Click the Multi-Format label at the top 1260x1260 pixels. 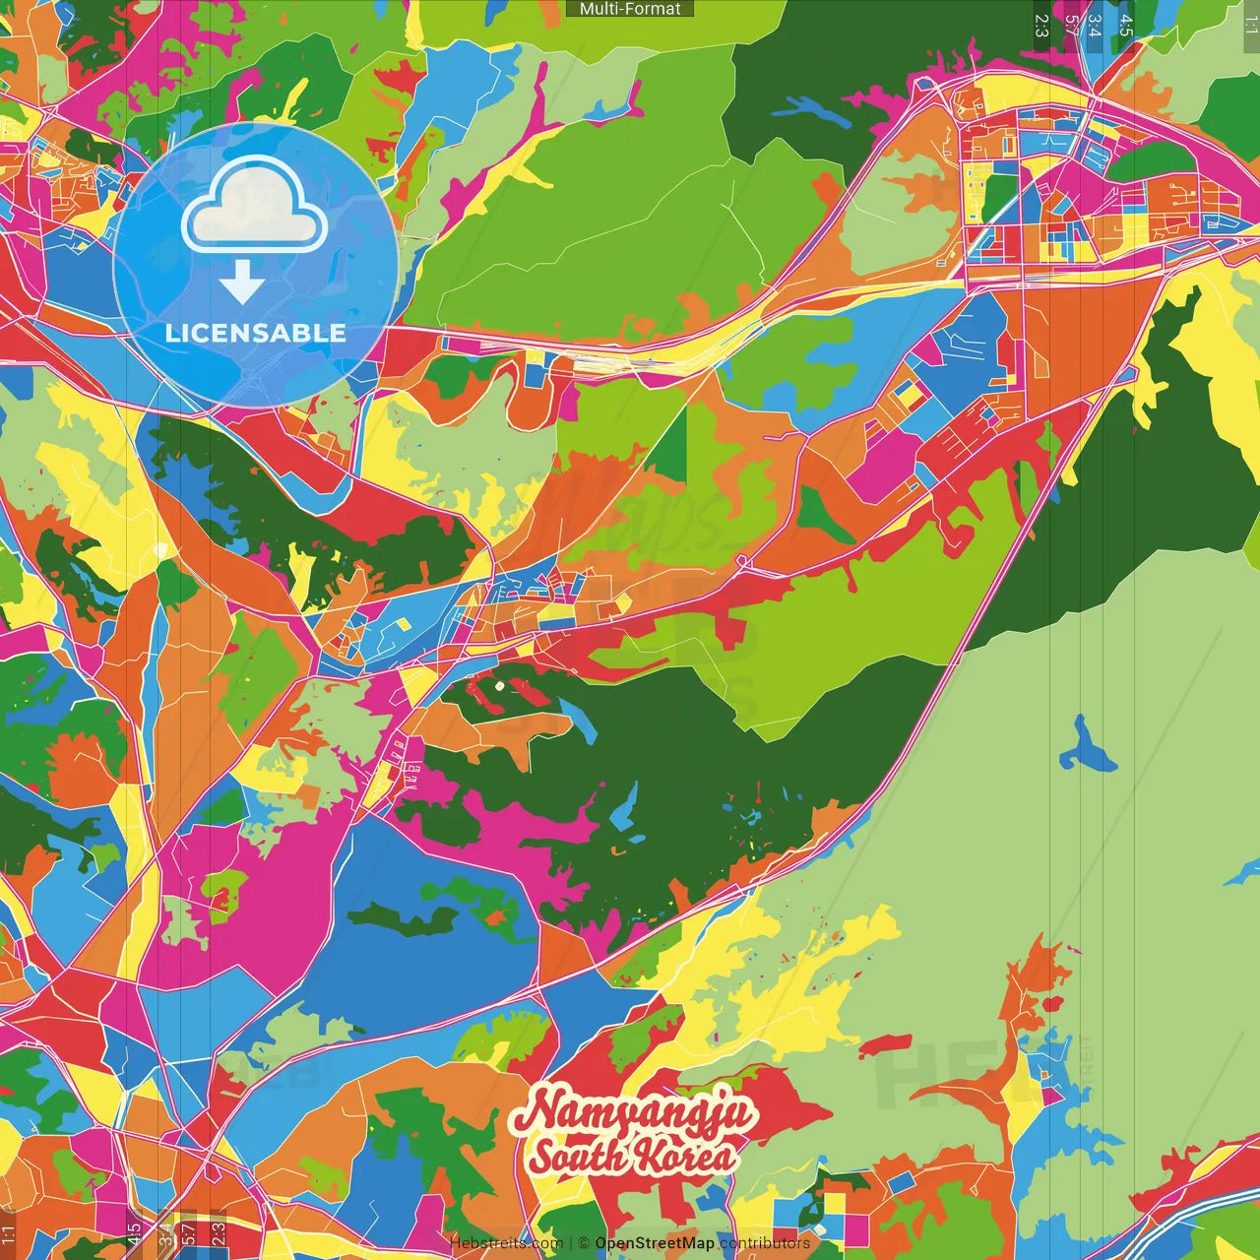(x=630, y=9)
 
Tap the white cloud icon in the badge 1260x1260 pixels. (x=254, y=209)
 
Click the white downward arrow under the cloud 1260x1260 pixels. (x=241, y=283)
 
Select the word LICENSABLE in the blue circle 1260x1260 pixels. (x=255, y=333)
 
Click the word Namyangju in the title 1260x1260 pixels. (x=634, y=1113)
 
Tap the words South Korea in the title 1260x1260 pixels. (x=632, y=1156)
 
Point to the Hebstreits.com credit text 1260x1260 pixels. (x=506, y=1243)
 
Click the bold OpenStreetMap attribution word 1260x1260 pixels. (x=655, y=1243)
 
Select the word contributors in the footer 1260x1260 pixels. (x=765, y=1243)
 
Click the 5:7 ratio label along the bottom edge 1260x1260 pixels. (x=188, y=1233)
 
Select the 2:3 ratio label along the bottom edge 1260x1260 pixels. (x=219, y=1233)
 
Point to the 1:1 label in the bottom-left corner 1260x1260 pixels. (x=9, y=1233)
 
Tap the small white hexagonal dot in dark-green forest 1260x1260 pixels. (x=499, y=686)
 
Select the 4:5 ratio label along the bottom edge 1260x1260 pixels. (x=134, y=1233)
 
